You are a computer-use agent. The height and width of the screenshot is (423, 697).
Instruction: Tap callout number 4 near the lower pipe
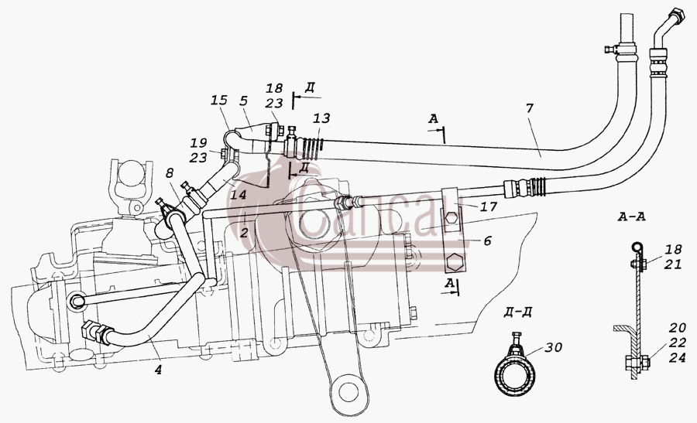coord(158,369)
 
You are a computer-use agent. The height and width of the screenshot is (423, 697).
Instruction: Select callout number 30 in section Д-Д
coord(554,347)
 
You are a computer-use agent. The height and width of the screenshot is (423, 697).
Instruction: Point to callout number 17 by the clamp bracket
coord(489,206)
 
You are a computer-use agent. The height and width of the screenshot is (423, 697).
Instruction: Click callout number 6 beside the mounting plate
coord(488,241)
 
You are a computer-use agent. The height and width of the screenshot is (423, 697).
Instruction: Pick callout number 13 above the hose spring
coord(321,118)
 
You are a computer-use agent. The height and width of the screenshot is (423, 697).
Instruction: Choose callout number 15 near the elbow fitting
coord(218,100)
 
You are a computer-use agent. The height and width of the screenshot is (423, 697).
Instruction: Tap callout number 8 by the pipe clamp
coord(170,174)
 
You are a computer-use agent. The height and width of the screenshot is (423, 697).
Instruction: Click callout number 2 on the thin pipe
coord(244,233)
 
